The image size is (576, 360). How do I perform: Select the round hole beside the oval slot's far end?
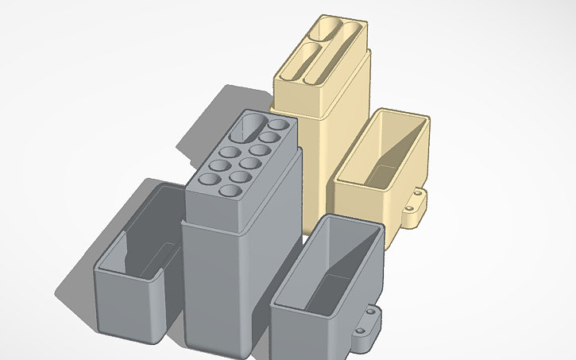point(278,126)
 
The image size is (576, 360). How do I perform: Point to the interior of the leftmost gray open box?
point(147,230)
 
